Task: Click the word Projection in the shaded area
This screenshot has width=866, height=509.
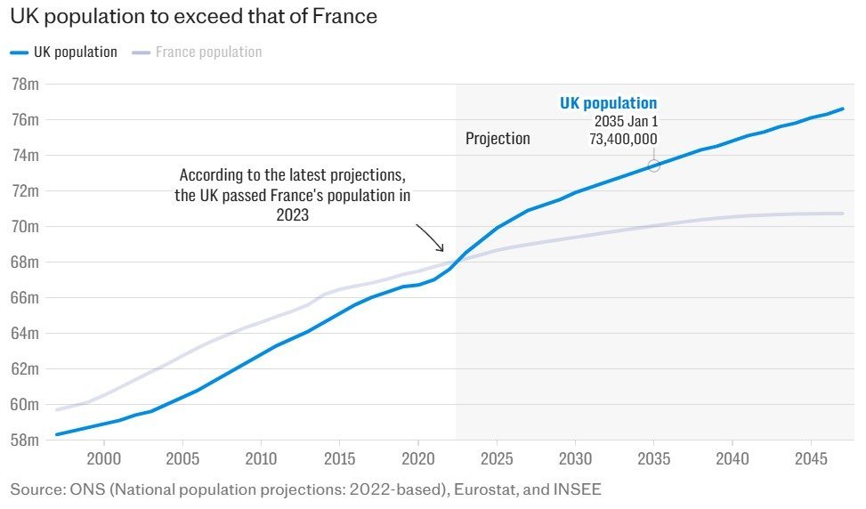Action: tap(498, 139)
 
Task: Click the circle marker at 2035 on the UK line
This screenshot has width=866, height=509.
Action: tap(653, 166)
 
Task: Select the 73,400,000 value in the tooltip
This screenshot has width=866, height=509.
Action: tap(623, 139)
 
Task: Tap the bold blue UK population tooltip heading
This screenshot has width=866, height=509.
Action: tap(608, 103)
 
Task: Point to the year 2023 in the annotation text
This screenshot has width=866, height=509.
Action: tap(292, 214)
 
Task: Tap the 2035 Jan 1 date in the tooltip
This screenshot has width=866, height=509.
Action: tap(626, 121)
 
